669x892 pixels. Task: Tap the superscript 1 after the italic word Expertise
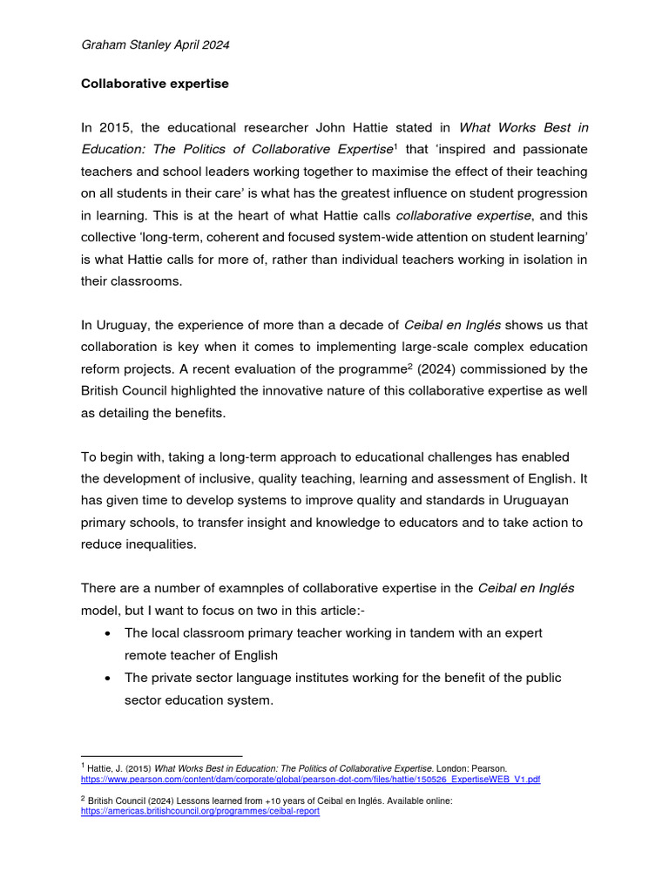pos(395,146)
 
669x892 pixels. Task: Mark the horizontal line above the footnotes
pos(161,756)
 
